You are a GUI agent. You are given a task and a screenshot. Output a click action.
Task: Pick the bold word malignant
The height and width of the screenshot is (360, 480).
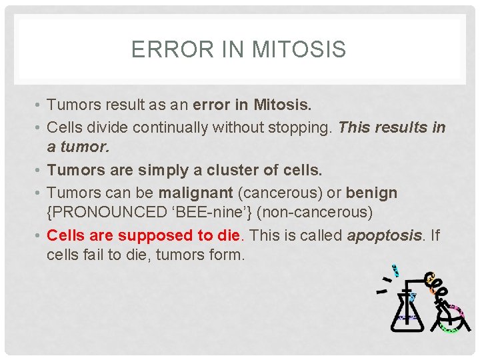click(x=195, y=193)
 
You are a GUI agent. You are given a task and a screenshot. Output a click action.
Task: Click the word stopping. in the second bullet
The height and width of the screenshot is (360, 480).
click(x=302, y=127)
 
